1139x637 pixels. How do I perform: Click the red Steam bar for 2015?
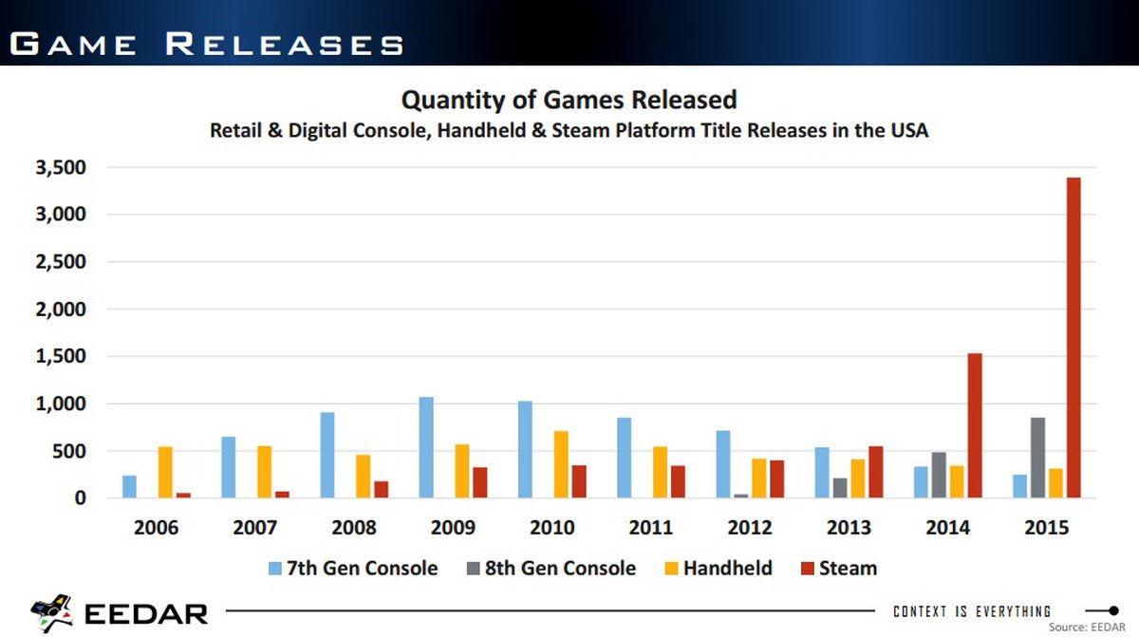(1074, 337)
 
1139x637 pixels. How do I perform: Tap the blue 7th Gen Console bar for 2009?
(426, 447)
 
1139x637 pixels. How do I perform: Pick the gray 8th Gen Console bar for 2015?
(1038, 458)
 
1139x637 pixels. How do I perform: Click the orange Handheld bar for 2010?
(561, 464)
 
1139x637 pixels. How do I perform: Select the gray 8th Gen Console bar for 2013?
(840, 488)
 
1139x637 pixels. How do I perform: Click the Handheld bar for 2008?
(363, 476)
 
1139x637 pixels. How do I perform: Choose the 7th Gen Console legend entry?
(352, 569)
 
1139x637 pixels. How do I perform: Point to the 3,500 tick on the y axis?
(61, 168)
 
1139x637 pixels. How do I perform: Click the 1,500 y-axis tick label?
(61, 357)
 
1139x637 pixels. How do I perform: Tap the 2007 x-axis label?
(255, 528)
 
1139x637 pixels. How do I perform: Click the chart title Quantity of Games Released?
(569, 100)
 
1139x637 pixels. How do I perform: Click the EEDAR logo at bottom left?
(120, 612)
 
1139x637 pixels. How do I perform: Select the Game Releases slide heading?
(207, 44)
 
